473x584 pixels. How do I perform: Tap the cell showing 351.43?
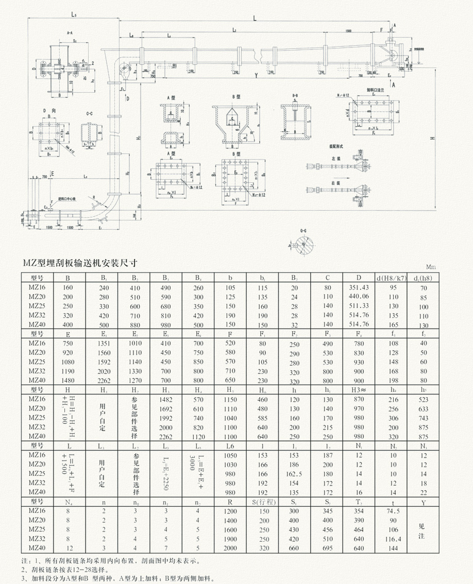pos(359,287)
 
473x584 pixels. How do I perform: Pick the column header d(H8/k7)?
pos(391,279)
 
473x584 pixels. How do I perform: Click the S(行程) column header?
pos(262,502)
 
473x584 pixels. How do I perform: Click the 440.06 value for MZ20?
pos(359,297)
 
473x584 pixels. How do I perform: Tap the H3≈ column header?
pos(359,390)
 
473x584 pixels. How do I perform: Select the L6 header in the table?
pos(229,446)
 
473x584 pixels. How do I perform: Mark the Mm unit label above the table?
pos(431,268)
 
